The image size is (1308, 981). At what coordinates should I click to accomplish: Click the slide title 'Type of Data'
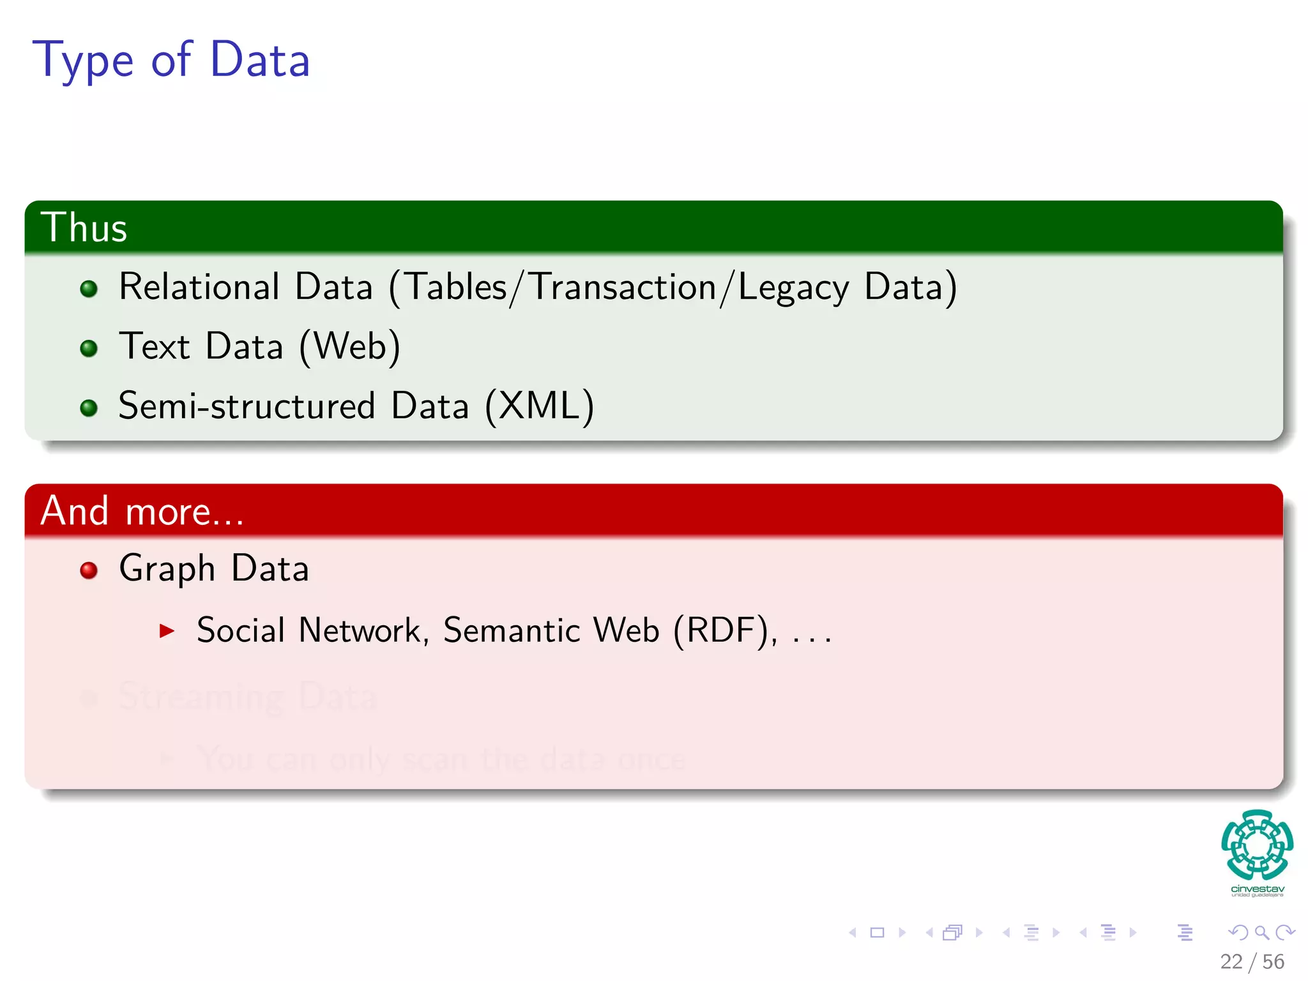point(171,60)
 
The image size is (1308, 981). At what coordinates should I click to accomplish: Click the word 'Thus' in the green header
point(84,227)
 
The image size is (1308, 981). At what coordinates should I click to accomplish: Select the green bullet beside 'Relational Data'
point(89,289)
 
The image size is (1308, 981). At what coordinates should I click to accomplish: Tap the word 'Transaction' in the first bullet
point(623,287)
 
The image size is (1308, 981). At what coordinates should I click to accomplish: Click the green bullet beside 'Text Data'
point(89,348)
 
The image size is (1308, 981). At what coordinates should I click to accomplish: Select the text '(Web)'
point(349,347)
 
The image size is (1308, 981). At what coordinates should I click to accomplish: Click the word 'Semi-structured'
point(247,406)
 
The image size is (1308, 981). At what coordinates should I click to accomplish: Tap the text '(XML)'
point(539,406)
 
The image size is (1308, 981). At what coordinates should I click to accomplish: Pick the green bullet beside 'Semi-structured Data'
point(89,407)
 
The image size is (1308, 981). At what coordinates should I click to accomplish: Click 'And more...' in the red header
point(142,511)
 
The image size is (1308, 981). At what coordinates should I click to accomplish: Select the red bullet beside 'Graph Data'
point(89,570)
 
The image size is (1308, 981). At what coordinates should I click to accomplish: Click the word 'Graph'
point(167,568)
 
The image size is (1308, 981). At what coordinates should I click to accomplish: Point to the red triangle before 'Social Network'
point(167,631)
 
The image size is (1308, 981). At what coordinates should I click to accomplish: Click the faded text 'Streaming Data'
point(248,696)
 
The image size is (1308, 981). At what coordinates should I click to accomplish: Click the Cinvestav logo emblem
point(1257,844)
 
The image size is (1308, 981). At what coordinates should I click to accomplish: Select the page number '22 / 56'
point(1252,962)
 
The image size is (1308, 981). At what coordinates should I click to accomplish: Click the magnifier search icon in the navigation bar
point(1261,932)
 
